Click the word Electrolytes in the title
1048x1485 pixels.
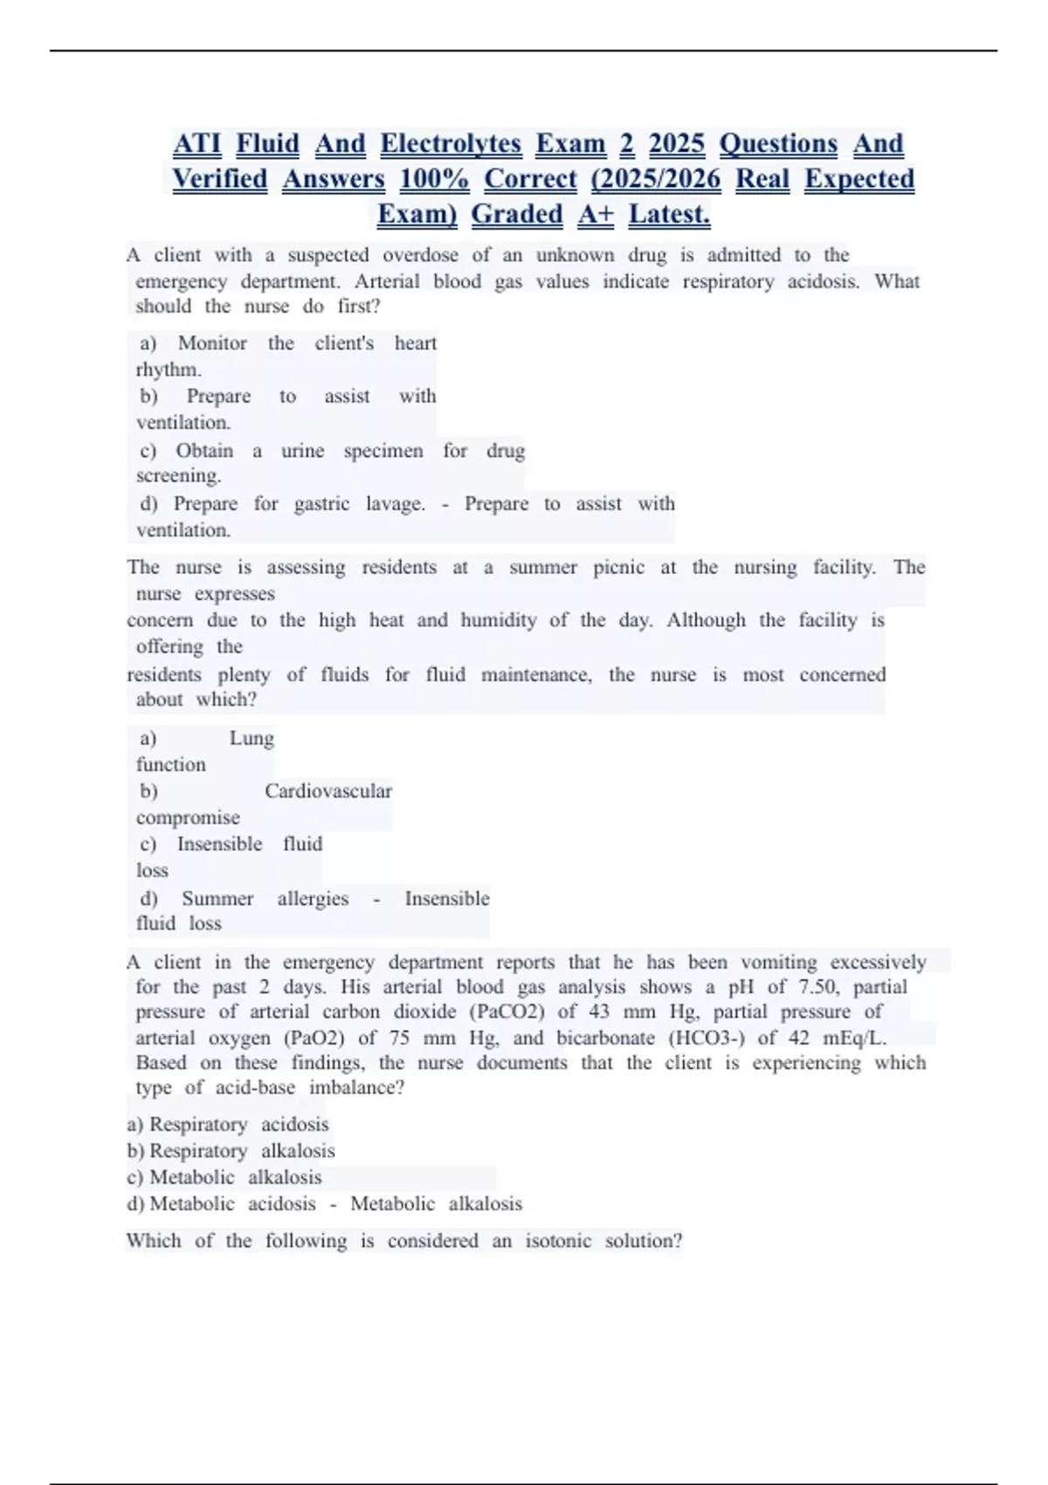pos(451,144)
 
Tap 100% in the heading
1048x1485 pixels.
pos(434,179)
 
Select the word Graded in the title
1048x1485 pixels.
pos(517,214)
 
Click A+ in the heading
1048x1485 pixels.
pos(596,214)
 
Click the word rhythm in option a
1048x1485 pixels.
pos(168,370)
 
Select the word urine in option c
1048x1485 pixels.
pos(302,451)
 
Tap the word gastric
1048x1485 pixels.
pos(321,504)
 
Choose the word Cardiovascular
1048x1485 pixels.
pos(327,791)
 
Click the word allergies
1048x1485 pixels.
pos(313,899)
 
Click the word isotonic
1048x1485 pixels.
pos(558,1241)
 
